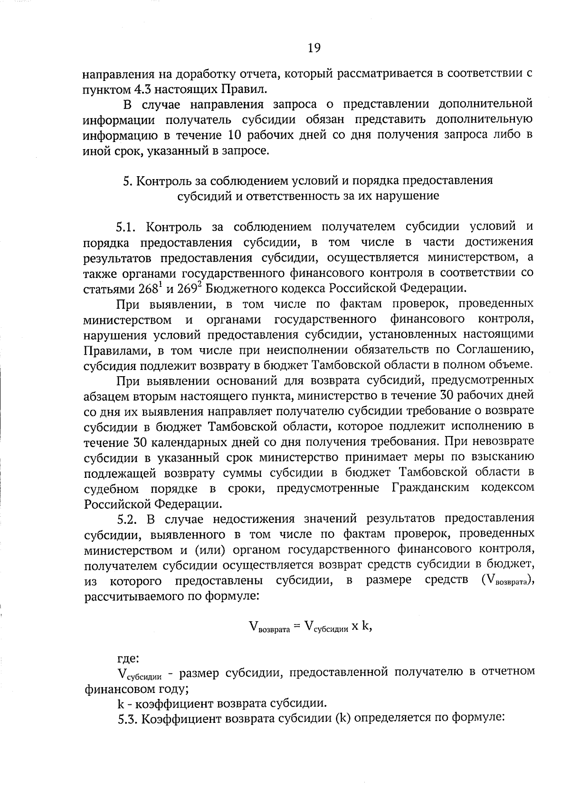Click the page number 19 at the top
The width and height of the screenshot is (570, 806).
(314, 47)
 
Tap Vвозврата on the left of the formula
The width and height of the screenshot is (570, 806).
(269, 627)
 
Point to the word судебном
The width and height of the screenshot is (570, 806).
(112, 488)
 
